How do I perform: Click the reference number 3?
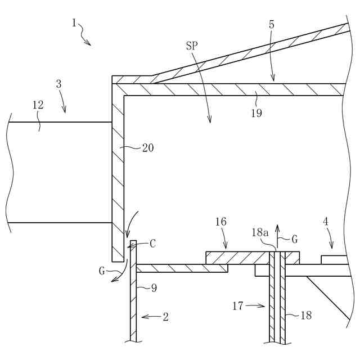[x=58, y=84]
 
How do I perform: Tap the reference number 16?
[x=220, y=222]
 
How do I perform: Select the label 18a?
[x=259, y=232]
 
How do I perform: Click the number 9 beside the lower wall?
[x=154, y=288]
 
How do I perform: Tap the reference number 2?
[x=165, y=317]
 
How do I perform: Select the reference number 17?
[x=238, y=306]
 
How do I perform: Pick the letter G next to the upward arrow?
[x=295, y=238]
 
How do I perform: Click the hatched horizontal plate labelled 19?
[x=225, y=89]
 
